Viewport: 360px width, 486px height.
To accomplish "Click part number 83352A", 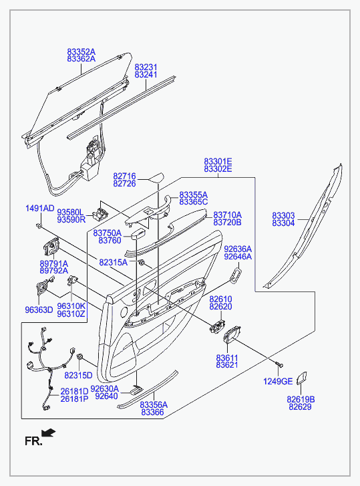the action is [x=81, y=51].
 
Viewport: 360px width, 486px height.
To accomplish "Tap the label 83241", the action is [x=146, y=75].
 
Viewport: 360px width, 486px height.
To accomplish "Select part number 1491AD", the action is [x=39, y=209].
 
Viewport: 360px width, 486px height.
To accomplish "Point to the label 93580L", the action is [x=70, y=213].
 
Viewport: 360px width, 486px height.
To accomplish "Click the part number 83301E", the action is [x=218, y=162].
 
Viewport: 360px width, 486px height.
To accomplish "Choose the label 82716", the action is [x=124, y=176].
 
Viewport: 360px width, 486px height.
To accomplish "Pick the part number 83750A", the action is [x=108, y=233].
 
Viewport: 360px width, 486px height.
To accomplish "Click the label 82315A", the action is [x=114, y=263].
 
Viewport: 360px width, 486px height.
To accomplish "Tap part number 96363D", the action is [x=39, y=310].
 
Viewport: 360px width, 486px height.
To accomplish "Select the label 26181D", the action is [x=74, y=392].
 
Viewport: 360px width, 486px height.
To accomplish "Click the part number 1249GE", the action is [x=278, y=381].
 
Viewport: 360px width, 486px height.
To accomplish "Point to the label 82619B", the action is [x=301, y=400].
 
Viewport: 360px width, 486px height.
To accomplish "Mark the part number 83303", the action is [x=284, y=216].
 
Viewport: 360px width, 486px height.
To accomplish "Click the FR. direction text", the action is [x=33, y=441].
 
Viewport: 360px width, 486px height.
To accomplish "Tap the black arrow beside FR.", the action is [x=49, y=433].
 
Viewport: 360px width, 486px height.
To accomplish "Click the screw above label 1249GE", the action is [x=279, y=366].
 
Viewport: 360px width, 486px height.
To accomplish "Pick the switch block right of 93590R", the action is [x=100, y=213].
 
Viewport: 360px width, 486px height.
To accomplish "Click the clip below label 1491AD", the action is [x=39, y=226].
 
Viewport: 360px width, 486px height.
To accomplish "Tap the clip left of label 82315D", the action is [x=79, y=356].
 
